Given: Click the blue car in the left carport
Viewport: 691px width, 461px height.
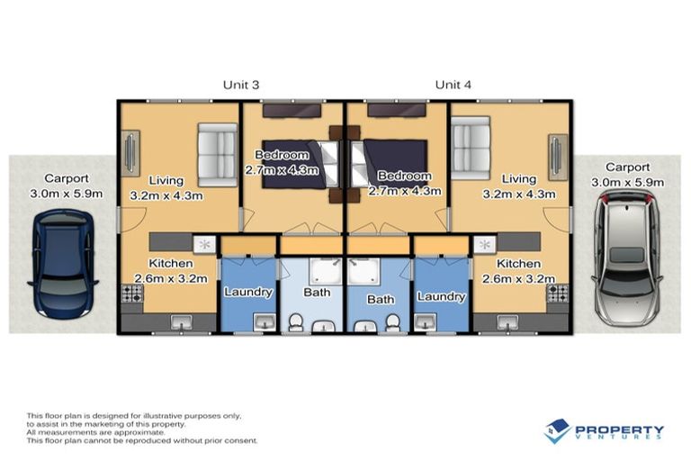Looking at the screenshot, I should click(x=63, y=262).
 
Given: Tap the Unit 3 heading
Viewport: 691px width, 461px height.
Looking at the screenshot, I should click(x=241, y=85).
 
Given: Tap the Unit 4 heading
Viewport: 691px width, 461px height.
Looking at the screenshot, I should click(x=453, y=85).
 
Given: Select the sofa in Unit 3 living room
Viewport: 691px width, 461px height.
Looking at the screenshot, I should click(x=217, y=153).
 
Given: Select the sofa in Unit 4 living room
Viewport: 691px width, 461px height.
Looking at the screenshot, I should click(x=470, y=147).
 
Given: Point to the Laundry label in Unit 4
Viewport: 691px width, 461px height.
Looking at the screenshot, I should click(x=441, y=296).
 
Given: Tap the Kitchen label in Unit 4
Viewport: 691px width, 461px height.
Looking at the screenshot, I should click(x=518, y=264).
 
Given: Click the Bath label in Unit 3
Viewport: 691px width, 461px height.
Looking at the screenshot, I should click(x=317, y=292).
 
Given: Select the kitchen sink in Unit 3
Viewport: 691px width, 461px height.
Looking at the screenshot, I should click(x=180, y=320).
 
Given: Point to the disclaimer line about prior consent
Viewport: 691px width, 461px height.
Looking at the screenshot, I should click(x=142, y=441).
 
